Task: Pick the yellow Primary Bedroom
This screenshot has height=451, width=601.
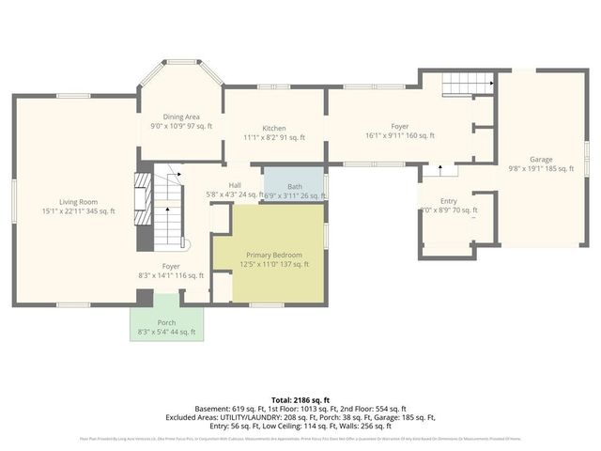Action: pos(274,259)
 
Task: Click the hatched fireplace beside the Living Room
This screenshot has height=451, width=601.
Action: pos(142,199)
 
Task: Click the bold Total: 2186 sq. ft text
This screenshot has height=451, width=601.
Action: pos(300,400)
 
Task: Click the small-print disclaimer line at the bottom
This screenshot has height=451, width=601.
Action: pos(300,438)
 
